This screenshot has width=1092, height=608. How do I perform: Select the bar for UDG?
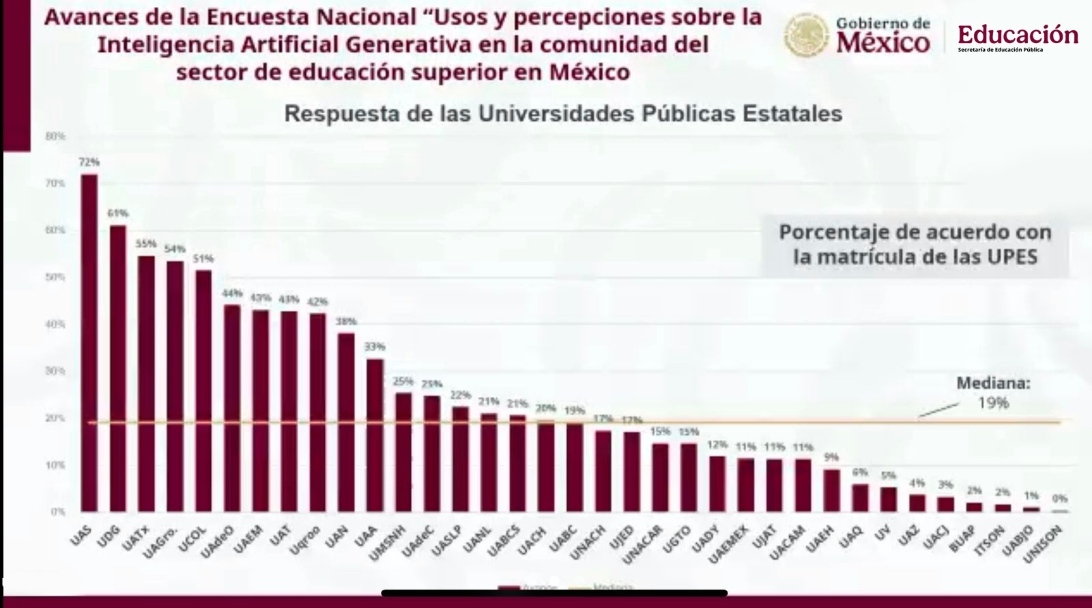[118, 369]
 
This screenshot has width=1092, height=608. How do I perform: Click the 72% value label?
[89, 163]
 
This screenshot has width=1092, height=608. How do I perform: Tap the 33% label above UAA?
[375, 347]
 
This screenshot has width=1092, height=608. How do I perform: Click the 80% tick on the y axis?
[55, 137]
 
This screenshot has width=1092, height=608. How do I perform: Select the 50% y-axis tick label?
[55, 277]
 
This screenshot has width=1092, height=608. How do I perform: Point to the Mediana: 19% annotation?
[993, 393]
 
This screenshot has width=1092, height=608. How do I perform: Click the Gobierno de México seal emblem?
[807, 36]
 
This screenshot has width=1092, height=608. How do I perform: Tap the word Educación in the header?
[1018, 34]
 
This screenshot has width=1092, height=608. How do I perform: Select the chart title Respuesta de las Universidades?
[563, 113]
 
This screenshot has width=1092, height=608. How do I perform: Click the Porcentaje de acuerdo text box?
[915, 245]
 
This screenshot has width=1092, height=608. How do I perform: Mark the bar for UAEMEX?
[746, 485]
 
